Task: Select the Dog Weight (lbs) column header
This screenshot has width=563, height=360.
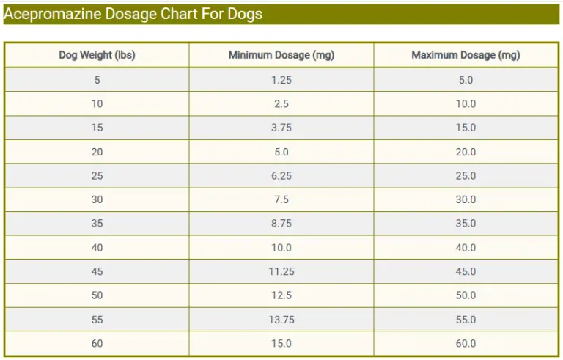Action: point(97,55)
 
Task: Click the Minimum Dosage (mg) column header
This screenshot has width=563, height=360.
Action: point(281,55)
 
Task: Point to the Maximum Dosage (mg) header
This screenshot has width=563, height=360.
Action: point(466,55)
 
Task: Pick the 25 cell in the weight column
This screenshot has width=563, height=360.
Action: point(97,176)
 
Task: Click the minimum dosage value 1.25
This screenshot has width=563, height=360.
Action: point(281,80)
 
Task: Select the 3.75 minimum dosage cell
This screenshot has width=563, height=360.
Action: point(281,128)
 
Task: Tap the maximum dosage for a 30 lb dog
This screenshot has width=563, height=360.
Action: point(466,199)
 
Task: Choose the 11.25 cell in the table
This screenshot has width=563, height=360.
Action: point(281,272)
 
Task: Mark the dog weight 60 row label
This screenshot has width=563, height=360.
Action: point(97,343)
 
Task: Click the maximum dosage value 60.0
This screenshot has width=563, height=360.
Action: point(466,343)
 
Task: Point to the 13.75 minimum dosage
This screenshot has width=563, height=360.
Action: point(281,320)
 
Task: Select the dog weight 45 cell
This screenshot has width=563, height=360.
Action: point(97,272)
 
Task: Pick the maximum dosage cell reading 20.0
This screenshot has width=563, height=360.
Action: point(466,152)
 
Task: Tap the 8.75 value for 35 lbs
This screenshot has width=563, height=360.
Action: point(281,224)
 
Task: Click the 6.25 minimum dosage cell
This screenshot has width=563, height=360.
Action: point(281,176)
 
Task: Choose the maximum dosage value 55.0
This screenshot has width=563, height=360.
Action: point(466,320)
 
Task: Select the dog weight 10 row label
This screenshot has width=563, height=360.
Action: point(97,104)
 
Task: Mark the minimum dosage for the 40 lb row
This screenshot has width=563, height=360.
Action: point(281,248)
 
